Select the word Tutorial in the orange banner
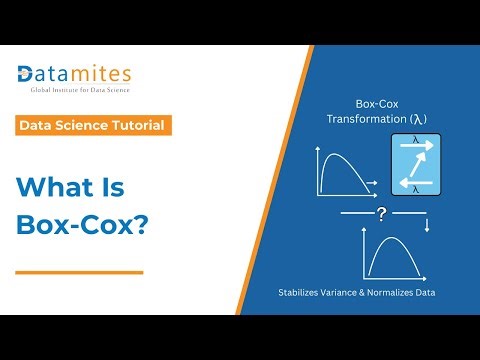[137, 126]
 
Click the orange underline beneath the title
[79, 271]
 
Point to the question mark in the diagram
[382, 214]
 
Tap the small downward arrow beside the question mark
[427, 226]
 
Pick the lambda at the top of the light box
[414, 141]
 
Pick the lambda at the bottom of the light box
[415, 187]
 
